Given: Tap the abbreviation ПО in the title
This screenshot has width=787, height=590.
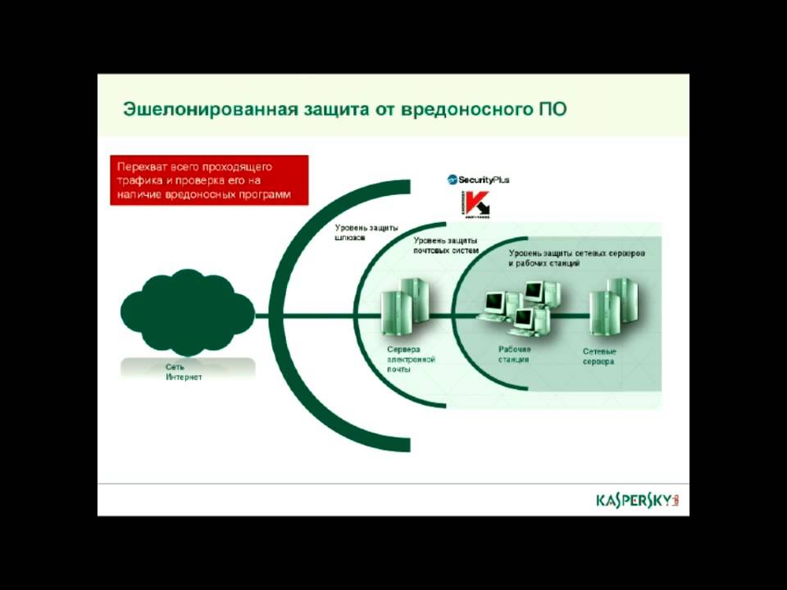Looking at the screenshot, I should (x=553, y=109).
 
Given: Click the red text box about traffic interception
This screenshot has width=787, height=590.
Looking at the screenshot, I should (x=209, y=180).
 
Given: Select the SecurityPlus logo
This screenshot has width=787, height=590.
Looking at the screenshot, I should (x=478, y=179).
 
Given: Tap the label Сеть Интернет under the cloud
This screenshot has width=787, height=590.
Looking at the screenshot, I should (x=183, y=372).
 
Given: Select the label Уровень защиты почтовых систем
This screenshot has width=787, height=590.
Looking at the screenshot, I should (x=445, y=244).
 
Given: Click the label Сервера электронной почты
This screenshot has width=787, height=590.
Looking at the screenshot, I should (x=411, y=359).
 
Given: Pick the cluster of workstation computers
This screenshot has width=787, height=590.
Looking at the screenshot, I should (x=521, y=310).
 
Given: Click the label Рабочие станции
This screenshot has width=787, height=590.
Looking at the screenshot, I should (x=514, y=354).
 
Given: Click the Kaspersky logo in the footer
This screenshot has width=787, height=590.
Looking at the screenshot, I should (x=638, y=499).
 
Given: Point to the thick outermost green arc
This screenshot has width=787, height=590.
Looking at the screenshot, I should (x=283, y=315).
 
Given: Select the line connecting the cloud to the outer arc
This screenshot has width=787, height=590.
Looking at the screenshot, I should (x=264, y=315).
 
